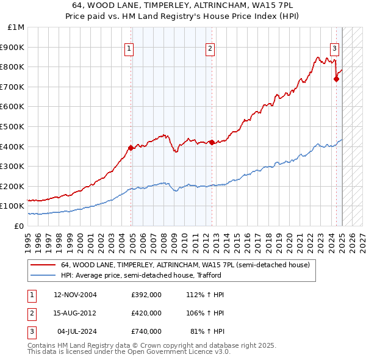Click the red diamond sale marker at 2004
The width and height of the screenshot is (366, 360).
(x=131, y=148)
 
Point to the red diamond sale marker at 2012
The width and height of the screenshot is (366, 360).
(x=212, y=142)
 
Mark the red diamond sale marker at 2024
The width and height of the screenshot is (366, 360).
(x=336, y=78)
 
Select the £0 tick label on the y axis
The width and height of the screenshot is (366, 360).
(x=18, y=226)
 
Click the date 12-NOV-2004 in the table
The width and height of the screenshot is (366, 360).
(x=75, y=295)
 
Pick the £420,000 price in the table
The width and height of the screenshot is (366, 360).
(x=146, y=313)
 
